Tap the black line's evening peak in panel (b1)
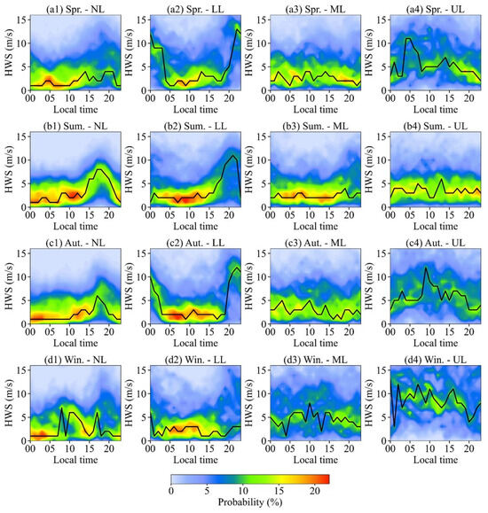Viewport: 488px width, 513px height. click(101, 168)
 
